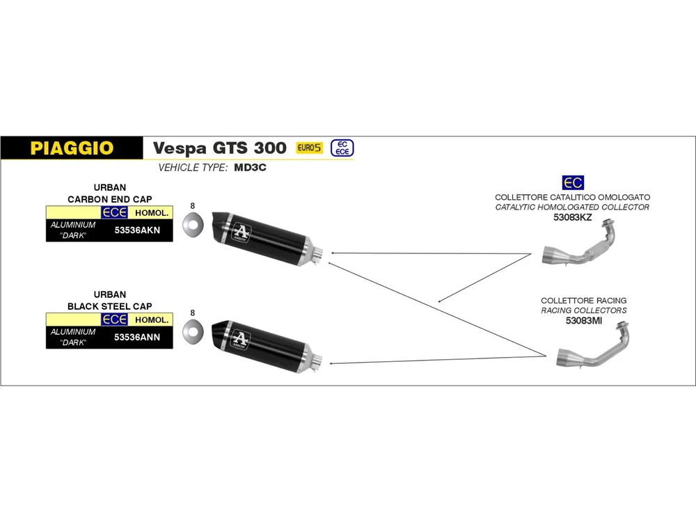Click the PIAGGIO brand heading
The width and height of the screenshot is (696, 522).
click(x=72, y=148)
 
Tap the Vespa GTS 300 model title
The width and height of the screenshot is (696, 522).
click(x=219, y=148)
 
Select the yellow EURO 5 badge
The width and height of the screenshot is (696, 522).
click(x=310, y=148)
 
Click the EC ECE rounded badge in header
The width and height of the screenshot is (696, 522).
click(x=342, y=148)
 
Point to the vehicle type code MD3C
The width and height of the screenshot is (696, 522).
click(x=253, y=168)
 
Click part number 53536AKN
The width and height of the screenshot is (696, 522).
click(x=136, y=230)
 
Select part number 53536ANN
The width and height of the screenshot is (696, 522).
click(x=136, y=337)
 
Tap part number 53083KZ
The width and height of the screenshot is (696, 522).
click(x=572, y=217)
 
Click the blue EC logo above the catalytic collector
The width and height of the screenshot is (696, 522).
click(x=573, y=183)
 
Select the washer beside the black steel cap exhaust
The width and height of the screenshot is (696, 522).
click(x=192, y=333)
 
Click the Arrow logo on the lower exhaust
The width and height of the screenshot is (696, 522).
click(x=240, y=338)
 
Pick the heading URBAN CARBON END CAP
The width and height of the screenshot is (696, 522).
click(x=109, y=193)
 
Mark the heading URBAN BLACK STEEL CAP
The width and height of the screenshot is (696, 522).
click(x=109, y=301)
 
